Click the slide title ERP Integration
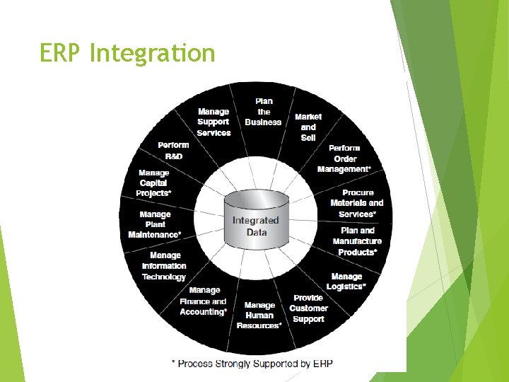coord(127,53)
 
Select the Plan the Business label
coord(263,112)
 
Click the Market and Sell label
coord(308,127)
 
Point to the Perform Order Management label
coord(344,158)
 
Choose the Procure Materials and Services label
coord(357,203)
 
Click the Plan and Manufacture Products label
coord(358,241)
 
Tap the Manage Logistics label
coord(346,282)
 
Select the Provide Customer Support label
coord(308,308)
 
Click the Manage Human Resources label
coord(259,316)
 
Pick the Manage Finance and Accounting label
coord(204,301)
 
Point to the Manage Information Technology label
coord(164,266)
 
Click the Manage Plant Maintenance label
coord(155,224)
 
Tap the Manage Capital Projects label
coord(155,183)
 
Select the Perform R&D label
coord(173,150)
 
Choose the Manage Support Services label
coord(213,122)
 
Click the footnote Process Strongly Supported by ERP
coord(252,364)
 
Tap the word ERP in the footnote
coord(323,364)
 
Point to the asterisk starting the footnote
coord(174,362)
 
